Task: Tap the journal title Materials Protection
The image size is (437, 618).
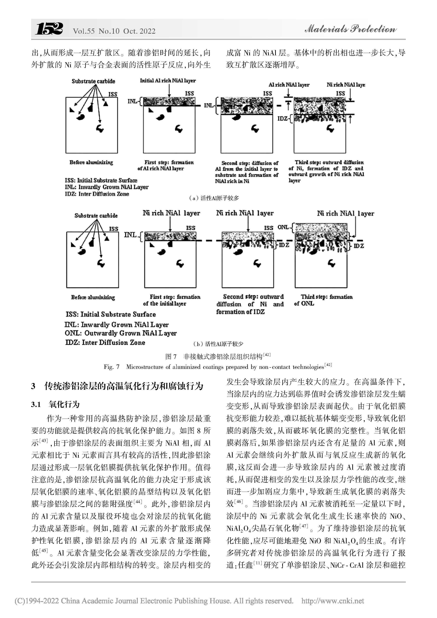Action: click(x=350, y=29)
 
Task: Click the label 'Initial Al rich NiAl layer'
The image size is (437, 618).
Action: click(x=168, y=81)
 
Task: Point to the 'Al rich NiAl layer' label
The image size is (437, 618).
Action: click(x=289, y=85)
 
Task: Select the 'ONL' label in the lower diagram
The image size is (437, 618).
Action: click(x=283, y=227)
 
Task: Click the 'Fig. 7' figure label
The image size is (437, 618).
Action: click(x=112, y=367)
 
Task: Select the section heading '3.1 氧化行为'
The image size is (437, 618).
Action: click(x=55, y=404)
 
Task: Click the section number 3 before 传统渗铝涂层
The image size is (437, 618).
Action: click(x=33, y=387)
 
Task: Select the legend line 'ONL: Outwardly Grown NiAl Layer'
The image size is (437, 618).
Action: click(x=120, y=333)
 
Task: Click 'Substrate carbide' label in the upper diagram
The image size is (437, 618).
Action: click(x=93, y=81)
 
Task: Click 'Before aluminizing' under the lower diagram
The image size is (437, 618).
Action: click(x=93, y=297)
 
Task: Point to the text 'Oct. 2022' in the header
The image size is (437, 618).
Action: click(x=139, y=31)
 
